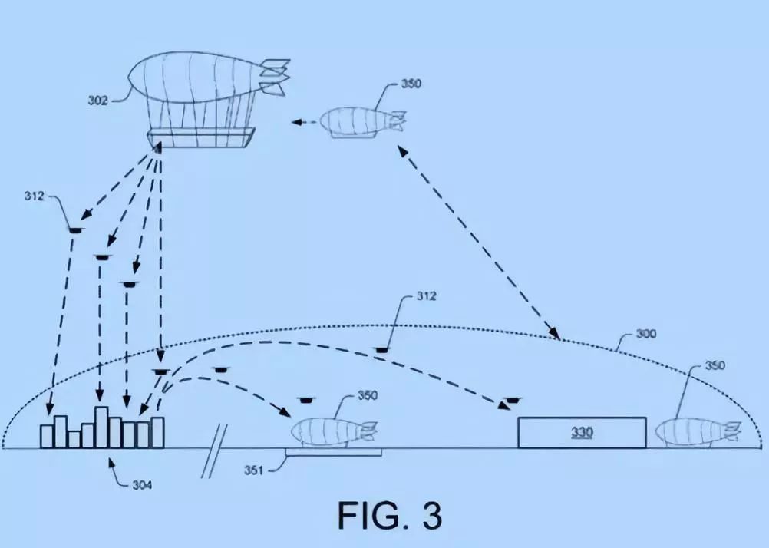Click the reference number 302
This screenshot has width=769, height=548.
pyautogui.click(x=98, y=99)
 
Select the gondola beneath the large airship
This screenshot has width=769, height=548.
pyautogui.click(x=199, y=138)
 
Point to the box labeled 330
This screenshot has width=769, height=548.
pyautogui.click(x=582, y=432)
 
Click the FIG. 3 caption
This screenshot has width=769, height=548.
pyautogui.click(x=390, y=515)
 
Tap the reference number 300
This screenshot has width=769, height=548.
pyautogui.click(x=645, y=335)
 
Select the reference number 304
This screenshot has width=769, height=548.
pyautogui.click(x=142, y=484)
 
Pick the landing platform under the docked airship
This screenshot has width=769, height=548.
pyautogui.click(x=333, y=453)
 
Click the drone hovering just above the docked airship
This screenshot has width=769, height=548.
pyautogui.click(x=306, y=398)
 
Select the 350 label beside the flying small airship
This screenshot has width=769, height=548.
pyautogui.click(x=411, y=83)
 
